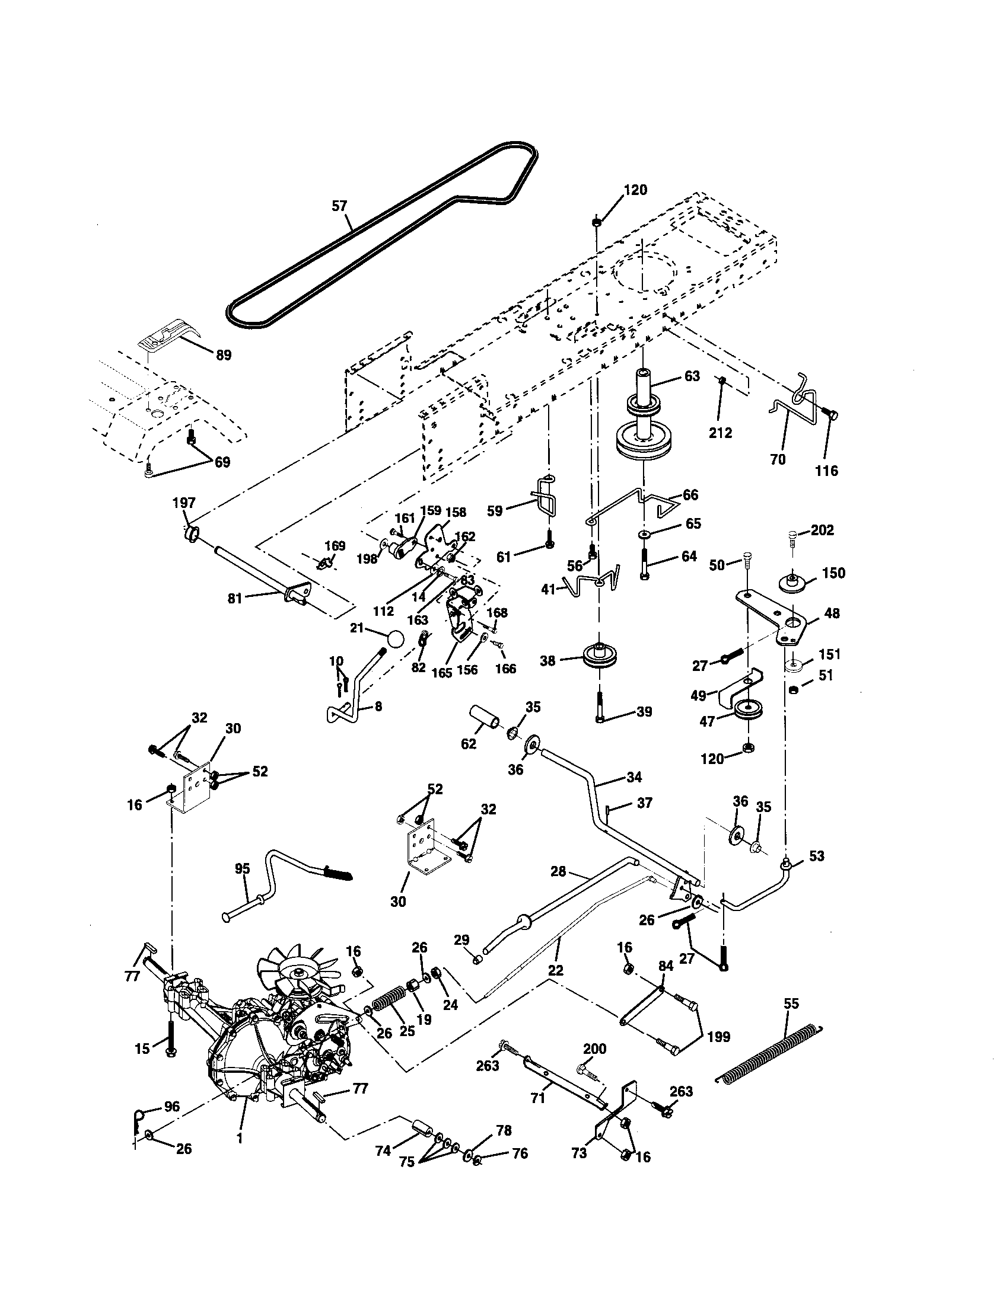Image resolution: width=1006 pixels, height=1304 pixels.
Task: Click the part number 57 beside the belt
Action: [339, 206]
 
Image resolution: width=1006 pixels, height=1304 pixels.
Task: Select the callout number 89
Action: [223, 355]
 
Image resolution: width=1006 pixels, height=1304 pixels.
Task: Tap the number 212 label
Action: [720, 433]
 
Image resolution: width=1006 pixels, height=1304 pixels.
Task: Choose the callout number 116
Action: [827, 471]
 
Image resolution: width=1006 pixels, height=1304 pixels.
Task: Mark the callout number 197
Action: [184, 503]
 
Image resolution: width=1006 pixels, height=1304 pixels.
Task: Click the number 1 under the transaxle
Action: [240, 1155]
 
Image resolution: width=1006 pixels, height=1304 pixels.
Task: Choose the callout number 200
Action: [594, 1049]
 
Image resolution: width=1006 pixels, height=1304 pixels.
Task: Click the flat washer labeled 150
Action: [793, 580]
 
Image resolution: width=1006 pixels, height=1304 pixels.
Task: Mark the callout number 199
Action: [718, 1037]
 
